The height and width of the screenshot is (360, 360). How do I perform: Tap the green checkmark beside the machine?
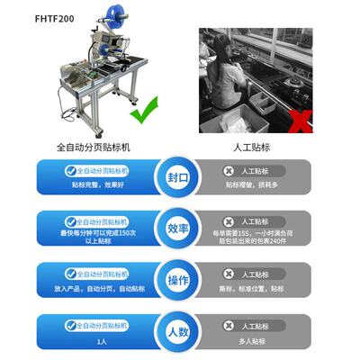(x=143, y=115)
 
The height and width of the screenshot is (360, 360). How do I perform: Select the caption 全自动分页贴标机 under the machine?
(x=93, y=144)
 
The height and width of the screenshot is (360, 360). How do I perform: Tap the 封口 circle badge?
(x=177, y=177)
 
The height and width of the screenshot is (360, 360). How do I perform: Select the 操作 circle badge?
(x=177, y=281)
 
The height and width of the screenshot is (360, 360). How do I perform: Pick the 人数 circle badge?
(x=177, y=331)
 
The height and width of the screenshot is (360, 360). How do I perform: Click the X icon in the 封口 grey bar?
(x=229, y=170)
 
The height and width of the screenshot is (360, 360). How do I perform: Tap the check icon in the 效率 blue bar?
(x=70, y=221)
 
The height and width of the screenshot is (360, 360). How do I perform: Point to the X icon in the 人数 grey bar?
(x=229, y=325)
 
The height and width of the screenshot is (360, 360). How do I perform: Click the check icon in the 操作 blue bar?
(x=70, y=273)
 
